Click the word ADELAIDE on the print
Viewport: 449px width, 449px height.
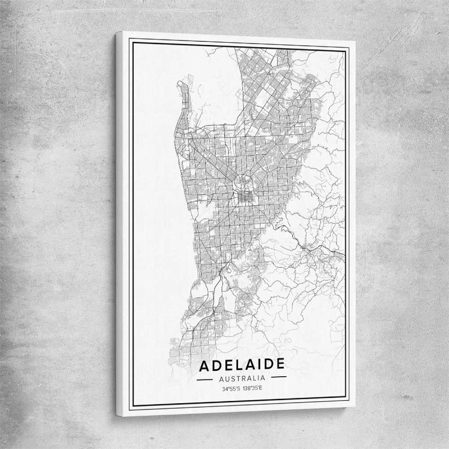242,365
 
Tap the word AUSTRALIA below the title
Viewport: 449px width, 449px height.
242,378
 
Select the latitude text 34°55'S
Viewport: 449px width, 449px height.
231,388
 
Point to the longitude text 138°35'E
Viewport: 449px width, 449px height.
252,388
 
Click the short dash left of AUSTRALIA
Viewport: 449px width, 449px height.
205,379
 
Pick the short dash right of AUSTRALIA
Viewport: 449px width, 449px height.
278,377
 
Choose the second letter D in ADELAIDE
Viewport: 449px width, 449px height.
268,364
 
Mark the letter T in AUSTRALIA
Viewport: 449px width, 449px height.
238,378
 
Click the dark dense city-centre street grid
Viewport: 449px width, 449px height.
245,197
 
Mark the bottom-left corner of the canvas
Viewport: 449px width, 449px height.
117,415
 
